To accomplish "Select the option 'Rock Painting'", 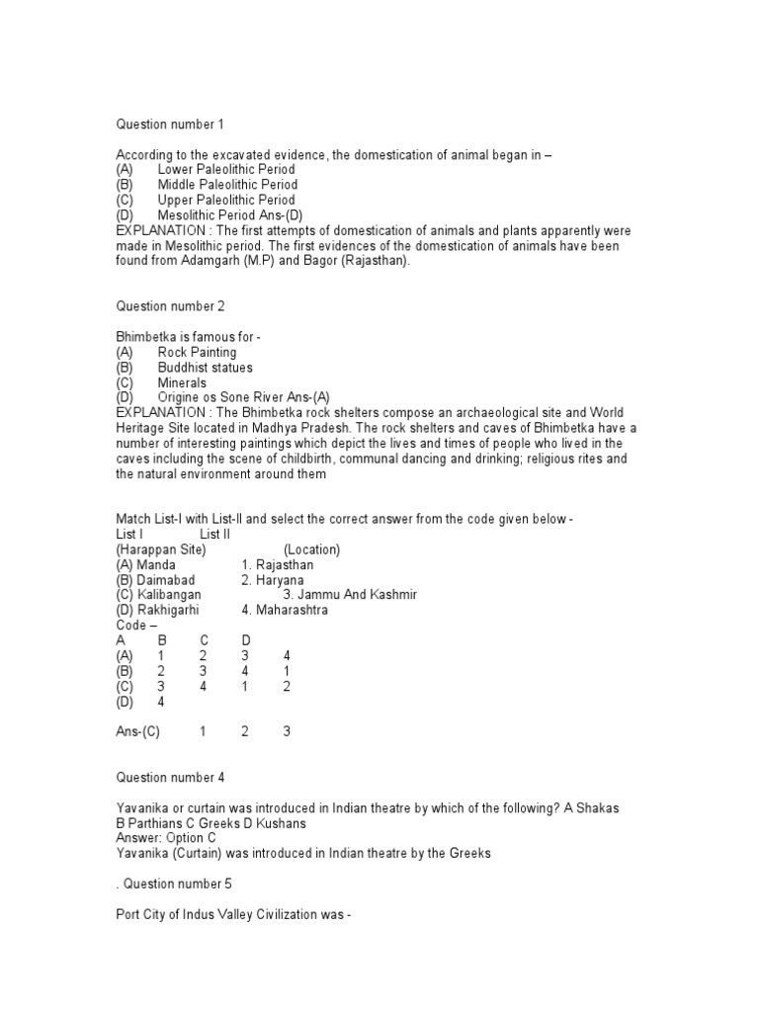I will pyautogui.click(x=197, y=352).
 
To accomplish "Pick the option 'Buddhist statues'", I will pyautogui.click(x=205, y=367).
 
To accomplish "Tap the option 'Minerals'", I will pyautogui.click(x=182, y=381).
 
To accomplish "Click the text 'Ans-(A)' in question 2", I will pyautogui.click(x=306, y=396).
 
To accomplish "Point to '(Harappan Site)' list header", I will pyautogui.click(x=160, y=549).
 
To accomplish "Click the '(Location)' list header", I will pyautogui.click(x=311, y=549).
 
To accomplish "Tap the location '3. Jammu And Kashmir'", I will pyautogui.click(x=350, y=595).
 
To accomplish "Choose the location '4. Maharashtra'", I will pyautogui.click(x=285, y=610).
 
